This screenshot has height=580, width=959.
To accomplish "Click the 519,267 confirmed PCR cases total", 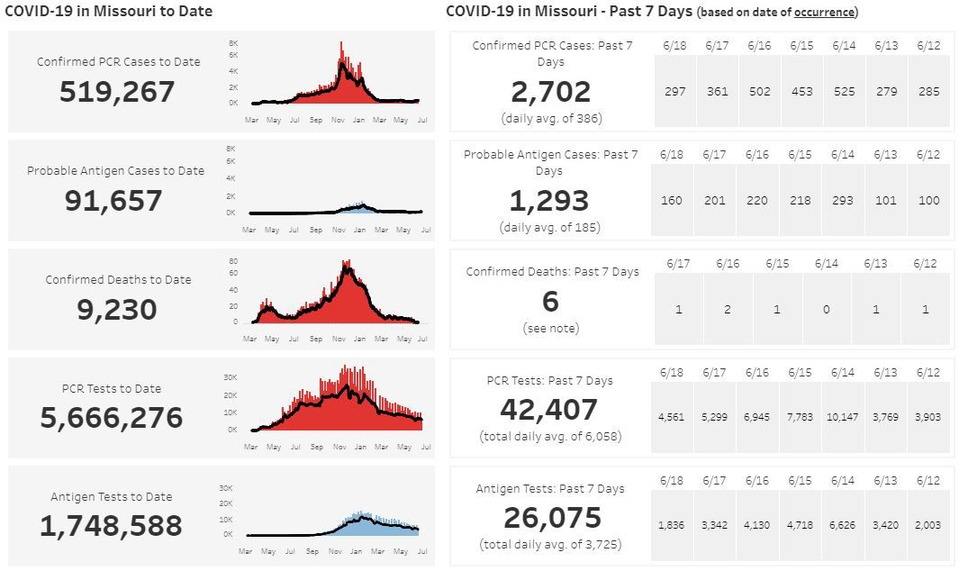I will [x=117, y=92].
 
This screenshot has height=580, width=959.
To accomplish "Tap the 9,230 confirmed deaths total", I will [x=117, y=309].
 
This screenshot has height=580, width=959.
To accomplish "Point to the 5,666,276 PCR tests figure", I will [x=112, y=417].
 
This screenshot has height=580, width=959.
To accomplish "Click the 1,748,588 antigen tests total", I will [x=111, y=525].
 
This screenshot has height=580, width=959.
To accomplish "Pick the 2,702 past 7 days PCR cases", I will [x=551, y=92].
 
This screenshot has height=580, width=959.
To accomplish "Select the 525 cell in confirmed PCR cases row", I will [x=844, y=91].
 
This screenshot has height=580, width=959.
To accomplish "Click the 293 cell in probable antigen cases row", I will [x=843, y=200].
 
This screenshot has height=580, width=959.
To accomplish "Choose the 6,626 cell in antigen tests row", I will [x=842, y=525].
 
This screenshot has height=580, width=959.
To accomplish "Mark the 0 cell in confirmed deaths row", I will [x=827, y=309].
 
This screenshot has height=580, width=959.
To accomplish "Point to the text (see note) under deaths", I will [x=551, y=329].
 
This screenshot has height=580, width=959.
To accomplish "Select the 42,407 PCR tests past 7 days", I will [x=549, y=410].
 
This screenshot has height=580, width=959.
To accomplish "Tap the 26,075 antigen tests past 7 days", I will [x=551, y=518].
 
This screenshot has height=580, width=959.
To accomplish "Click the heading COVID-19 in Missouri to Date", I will [x=109, y=11].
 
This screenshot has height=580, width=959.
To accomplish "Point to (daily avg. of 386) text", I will [x=551, y=118].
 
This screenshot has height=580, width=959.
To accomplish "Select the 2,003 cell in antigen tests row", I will [x=927, y=525].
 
